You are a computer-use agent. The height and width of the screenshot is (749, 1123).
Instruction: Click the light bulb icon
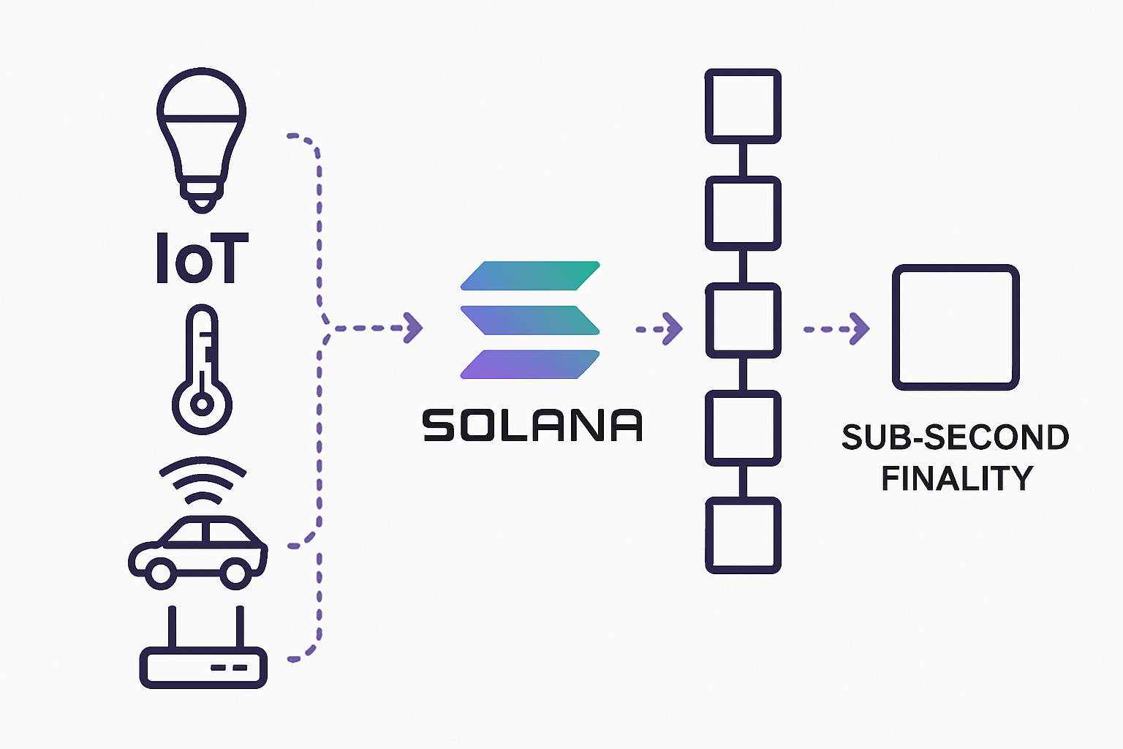click(201, 135)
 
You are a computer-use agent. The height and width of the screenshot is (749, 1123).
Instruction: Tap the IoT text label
click(202, 258)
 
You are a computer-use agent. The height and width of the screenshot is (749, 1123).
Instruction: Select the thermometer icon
click(202, 369)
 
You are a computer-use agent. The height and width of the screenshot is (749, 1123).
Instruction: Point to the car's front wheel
click(161, 571)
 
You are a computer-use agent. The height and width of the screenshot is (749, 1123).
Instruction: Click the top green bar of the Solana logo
click(530, 275)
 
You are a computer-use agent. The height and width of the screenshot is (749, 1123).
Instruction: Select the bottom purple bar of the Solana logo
click(530, 364)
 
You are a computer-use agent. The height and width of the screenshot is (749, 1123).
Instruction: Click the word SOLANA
click(532, 426)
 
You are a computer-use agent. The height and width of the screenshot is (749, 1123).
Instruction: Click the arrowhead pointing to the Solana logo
click(414, 328)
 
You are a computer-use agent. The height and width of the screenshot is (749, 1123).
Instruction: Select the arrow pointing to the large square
click(837, 328)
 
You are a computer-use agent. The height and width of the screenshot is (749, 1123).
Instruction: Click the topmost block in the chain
click(743, 106)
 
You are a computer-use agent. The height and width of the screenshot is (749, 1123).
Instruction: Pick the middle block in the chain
click(743, 320)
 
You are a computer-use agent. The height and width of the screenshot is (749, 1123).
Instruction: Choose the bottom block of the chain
click(743, 535)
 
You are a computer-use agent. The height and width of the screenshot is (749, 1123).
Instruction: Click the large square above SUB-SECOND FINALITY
click(956, 327)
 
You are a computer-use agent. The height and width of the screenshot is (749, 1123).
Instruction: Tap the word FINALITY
click(957, 478)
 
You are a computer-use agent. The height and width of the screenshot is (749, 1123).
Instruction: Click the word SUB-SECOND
click(955, 437)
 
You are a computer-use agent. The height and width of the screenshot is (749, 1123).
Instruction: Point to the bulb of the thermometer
click(202, 404)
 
